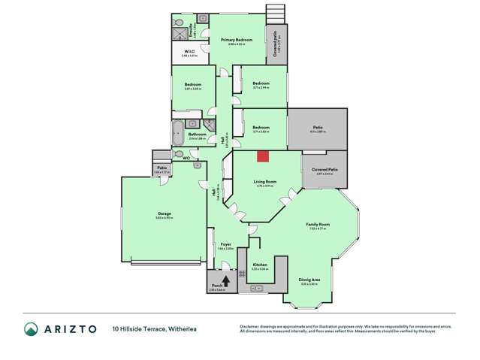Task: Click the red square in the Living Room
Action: click(x=262, y=156)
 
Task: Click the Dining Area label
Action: click(x=309, y=280)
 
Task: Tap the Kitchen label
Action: click(x=260, y=265)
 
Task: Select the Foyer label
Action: click(x=225, y=244)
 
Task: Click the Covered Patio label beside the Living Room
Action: click(x=324, y=170)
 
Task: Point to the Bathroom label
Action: click(x=198, y=135)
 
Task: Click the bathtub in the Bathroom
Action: click(x=177, y=132)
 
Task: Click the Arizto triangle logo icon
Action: click(x=31, y=328)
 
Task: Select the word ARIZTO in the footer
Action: click(x=69, y=328)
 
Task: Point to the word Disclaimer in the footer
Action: click(x=250, y=326)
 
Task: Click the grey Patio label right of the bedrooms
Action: click(x=318, y=128)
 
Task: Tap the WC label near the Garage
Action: click(x=186, y=159)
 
